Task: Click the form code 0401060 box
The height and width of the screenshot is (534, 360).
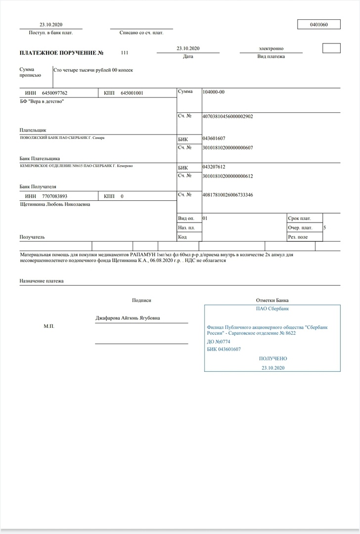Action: click(x=318, y=24)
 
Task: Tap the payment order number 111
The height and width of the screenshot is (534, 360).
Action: click(x=124, y=52)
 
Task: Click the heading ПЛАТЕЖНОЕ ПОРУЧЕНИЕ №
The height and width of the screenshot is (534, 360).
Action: click(x=61, y=52)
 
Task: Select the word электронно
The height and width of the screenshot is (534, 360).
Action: click(x=271, y=49)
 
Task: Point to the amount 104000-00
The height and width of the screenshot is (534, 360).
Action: click(x=214, y=92)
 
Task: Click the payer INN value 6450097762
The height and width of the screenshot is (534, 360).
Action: click(x=55, y=93)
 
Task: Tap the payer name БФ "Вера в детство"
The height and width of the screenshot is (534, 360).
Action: click(x=42, y=101)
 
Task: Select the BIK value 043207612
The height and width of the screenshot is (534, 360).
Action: click(x=214, y=167)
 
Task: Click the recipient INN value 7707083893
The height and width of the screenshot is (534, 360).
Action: click(x=55, y=196)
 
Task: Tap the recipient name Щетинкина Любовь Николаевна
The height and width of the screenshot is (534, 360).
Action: click(x=55, y=204)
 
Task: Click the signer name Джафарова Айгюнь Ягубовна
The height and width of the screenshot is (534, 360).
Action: click(x=128, y=318)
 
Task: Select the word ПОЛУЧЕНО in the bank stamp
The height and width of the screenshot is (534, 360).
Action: click(x=272, y=358)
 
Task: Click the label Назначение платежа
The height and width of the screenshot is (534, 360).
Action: click(x=42, y=281)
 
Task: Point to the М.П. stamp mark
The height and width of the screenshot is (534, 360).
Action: click(x=48, y=327)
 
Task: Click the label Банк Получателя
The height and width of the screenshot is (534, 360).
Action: click(x=38, y=187)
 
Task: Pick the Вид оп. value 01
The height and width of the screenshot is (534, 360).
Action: click(x=205, y=218)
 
